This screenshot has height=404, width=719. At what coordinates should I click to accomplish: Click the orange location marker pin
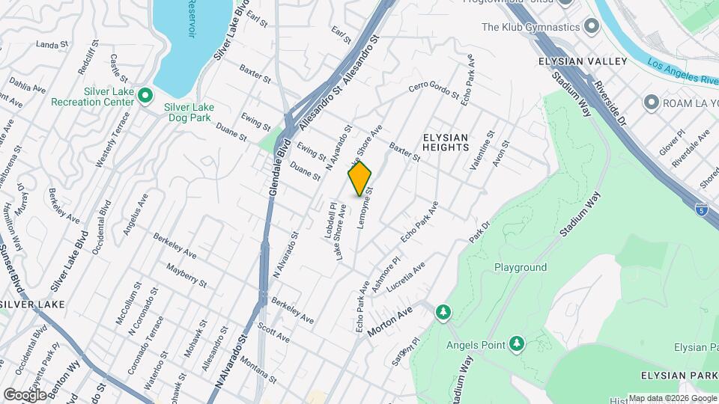click(359, 178)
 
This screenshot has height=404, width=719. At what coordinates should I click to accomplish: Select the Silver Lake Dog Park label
click(189, 112)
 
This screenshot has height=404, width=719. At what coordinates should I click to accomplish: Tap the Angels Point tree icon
click(516, 343)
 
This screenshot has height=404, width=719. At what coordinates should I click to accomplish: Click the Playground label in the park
click(520, 267)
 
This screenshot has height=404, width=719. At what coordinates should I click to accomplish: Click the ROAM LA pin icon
click(651, 102)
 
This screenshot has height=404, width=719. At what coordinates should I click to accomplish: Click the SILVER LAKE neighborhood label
click(32, 304)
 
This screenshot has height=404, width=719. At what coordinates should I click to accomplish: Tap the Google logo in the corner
click(25, 394)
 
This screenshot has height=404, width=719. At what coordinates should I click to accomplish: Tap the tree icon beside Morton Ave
click(443, 311)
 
